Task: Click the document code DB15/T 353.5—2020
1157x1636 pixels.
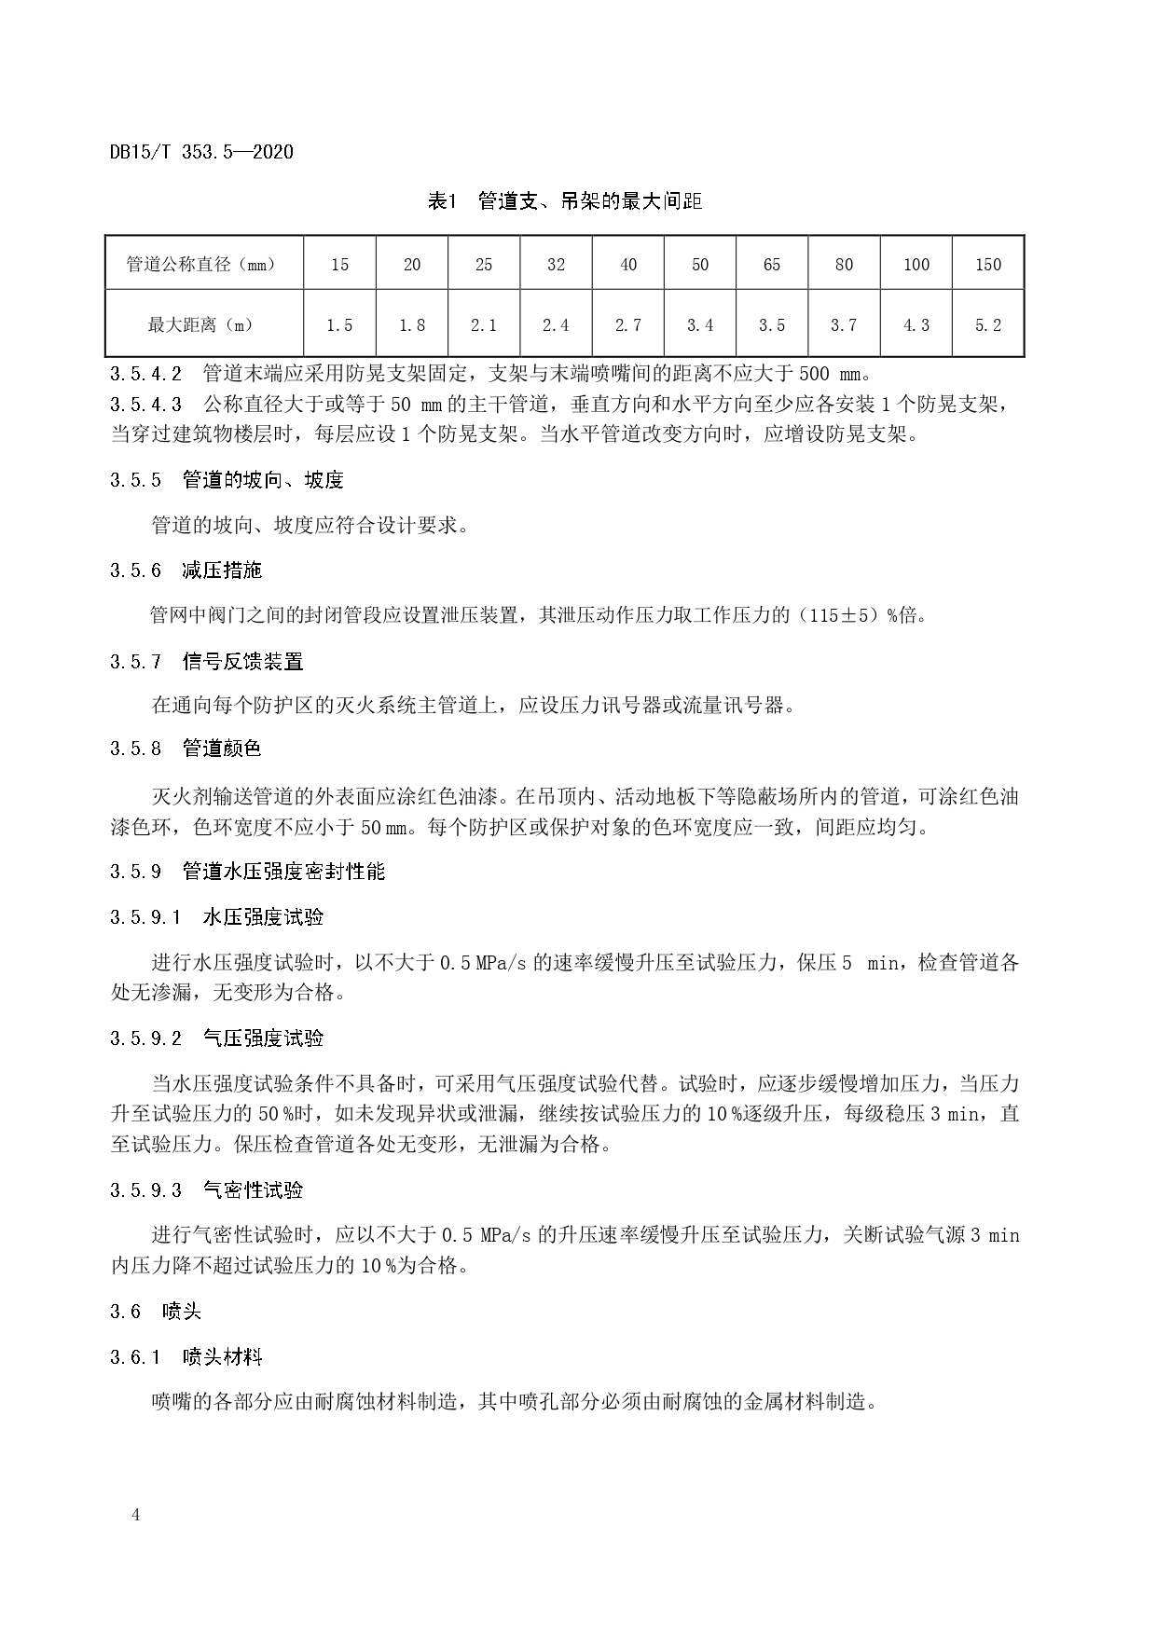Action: point(201,152)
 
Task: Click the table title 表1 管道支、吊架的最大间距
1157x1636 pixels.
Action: point(564,201)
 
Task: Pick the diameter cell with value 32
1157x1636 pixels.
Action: point(556,265)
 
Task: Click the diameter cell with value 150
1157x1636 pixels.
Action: point(987,265)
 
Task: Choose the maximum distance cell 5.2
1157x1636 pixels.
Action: point(987,325)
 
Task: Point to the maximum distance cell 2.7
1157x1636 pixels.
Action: point(627,325)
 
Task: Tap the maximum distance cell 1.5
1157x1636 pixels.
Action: point(339,325)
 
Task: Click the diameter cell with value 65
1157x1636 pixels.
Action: point(771,265)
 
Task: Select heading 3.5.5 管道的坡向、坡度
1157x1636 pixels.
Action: point(227,480)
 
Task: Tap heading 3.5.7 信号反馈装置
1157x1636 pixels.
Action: point(206,662)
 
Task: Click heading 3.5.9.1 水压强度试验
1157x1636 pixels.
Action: point(216,917)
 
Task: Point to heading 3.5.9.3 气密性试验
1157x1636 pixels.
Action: point(206,1190)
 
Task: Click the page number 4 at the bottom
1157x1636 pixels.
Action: point(136,1515)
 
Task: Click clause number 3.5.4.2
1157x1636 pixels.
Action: point(145,375)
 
